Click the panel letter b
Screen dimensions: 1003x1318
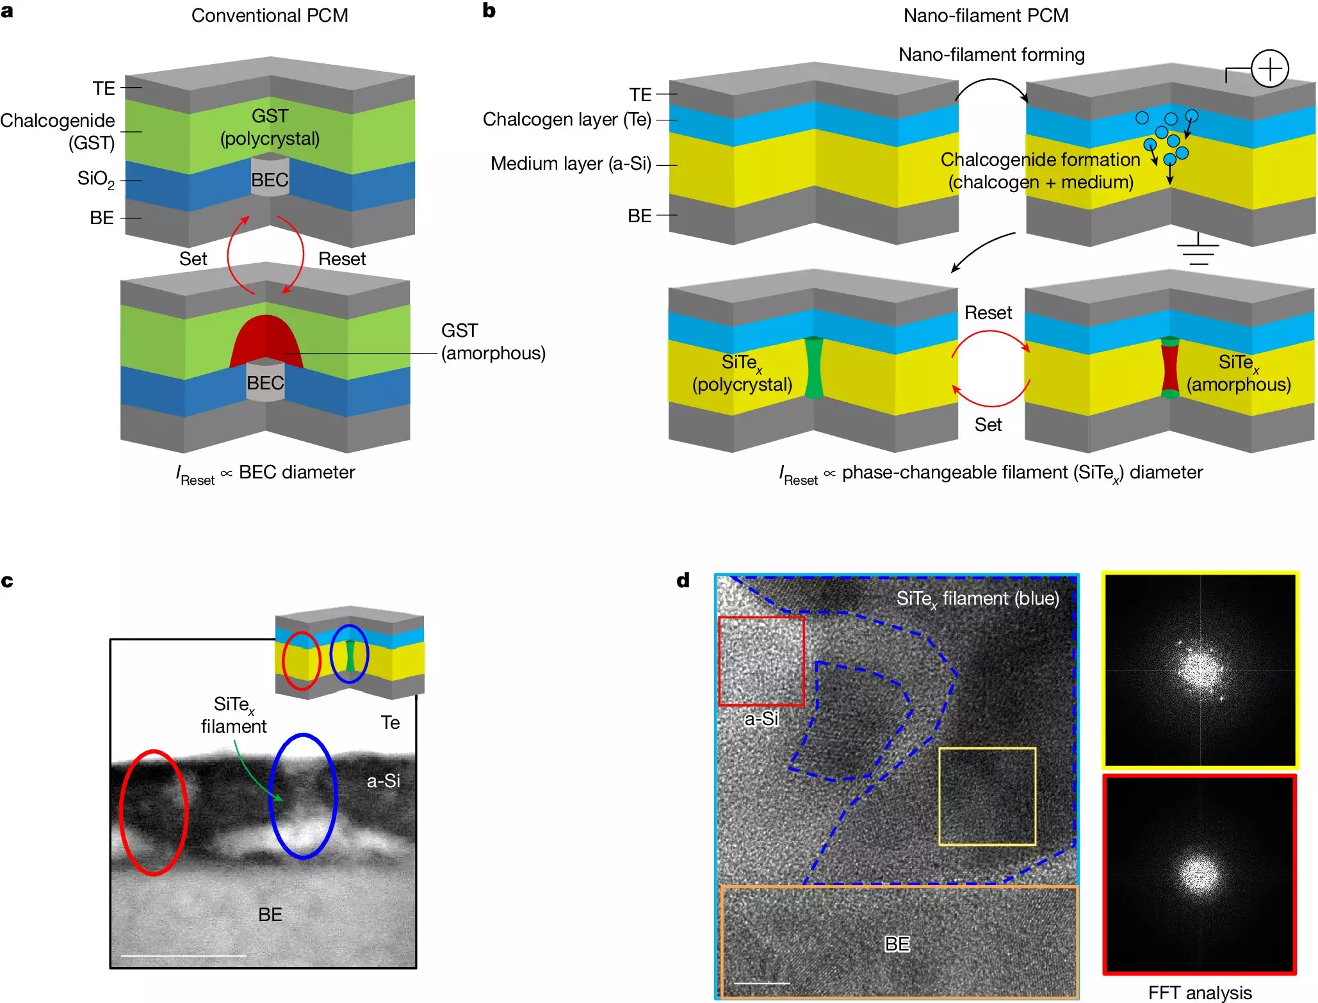(489, 11)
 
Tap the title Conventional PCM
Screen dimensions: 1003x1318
(270, 15)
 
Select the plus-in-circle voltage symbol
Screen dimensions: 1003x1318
(1269, 69)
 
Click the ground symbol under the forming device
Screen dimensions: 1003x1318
(1198, 252)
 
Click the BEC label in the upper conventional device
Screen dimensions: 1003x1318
(270, 180)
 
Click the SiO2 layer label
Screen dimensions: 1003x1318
(96, 179)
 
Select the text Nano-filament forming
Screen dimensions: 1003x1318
(991, 55)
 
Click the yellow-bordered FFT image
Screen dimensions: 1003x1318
(1200, 670)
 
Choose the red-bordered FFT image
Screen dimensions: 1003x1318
(1200, 874)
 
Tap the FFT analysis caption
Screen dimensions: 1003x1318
(1199, 992)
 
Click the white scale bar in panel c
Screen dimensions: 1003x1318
(183, 956)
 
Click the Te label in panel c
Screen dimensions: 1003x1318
(390, 722)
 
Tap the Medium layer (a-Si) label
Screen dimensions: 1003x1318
(571, 164)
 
